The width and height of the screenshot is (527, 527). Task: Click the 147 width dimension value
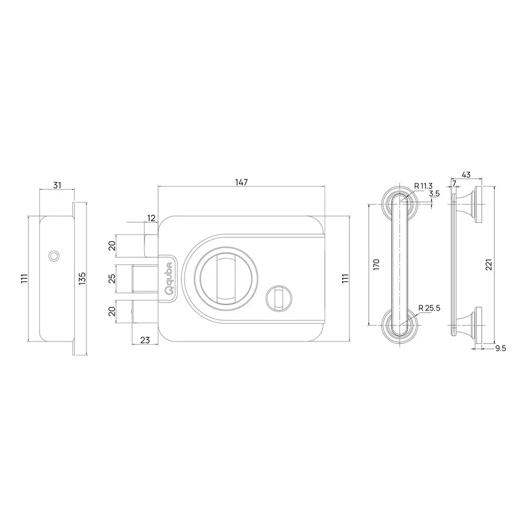coord(241,182)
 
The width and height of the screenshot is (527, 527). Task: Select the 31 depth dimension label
coord(57,185)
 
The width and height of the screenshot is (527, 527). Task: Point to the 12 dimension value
coord(151,218)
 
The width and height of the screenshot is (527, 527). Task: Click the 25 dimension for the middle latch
coord(111,278)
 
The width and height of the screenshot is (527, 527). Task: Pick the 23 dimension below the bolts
coord(144,340)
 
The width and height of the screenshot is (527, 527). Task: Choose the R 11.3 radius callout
coord(423,186)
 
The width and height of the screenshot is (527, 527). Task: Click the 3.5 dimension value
coord(434,194)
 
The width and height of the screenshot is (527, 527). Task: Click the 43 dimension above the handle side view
coord(466,174)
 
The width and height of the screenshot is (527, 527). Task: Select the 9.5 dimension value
coord(500,348)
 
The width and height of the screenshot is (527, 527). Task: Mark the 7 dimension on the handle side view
coord(454,183)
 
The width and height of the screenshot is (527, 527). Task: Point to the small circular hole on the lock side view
coord(53,256)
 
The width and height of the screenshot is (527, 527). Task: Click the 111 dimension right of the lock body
coord(345,278)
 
